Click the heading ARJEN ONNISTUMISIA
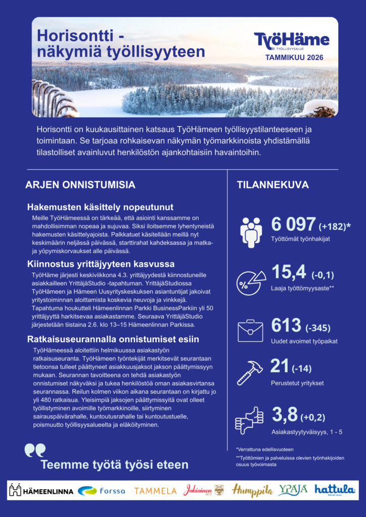[80, 185]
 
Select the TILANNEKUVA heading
[273, 185]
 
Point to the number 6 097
[293, 225]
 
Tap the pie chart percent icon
[251, 281]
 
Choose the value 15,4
[289, 272]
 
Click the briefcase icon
[251, 330]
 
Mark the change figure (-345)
[319, 328]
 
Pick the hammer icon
[250, 373]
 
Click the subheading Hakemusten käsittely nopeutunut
[100, 207]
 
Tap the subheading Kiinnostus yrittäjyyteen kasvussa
[101, 264]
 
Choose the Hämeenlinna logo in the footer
[41, 490]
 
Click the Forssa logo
[102, 490]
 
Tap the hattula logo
[335, 490]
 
